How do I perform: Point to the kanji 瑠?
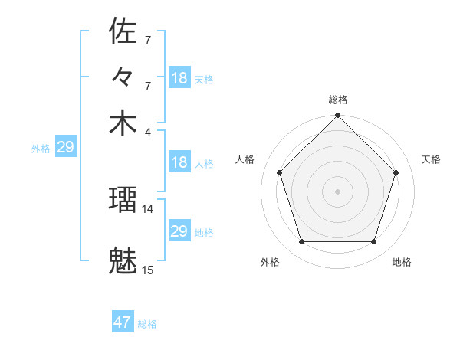point(123,201)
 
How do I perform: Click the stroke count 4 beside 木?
point(147,131)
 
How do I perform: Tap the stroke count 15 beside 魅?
point(148,270)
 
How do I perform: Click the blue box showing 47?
point(123,322)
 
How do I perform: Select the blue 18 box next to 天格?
point(179,77)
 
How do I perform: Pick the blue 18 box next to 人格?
point(179,162)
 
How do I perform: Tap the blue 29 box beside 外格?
point(65,147)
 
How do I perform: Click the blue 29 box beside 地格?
point(179,231)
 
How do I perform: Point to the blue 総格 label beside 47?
point(147,324)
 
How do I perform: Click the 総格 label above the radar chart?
point(338,100)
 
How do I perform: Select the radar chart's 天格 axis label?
point(431,159)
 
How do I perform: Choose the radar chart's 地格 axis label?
point(402,262)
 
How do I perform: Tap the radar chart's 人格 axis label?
point(245,159)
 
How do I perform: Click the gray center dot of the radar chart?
point(338,191)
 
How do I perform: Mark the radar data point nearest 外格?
point(301,242)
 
